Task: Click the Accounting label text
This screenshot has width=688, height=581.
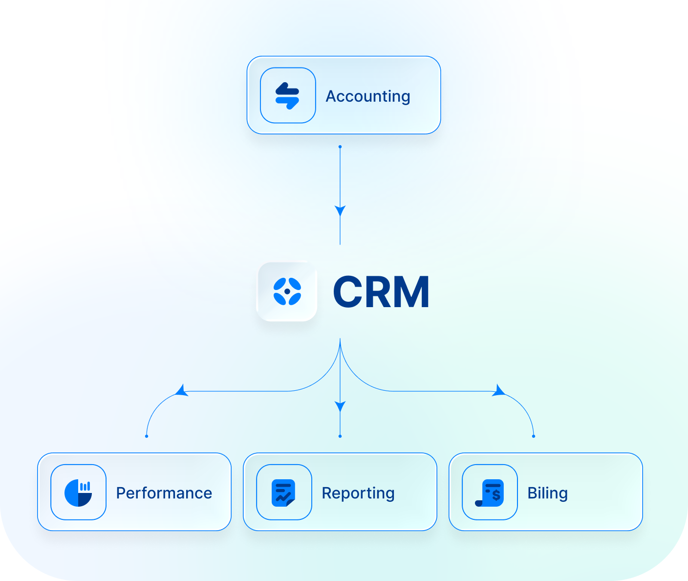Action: point(367,96)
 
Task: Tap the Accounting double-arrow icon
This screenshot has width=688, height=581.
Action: point(287,95)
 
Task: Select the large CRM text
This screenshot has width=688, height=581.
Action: point(381,292)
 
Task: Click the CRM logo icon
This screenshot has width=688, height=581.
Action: point(287,291)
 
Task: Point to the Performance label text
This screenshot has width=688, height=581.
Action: point(164,493)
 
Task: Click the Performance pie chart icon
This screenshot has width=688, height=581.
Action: point(78,492)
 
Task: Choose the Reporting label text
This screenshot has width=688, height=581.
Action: point(358,493)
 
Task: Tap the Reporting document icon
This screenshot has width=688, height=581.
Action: point(283,492)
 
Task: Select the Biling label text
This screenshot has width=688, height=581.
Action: point(547,493)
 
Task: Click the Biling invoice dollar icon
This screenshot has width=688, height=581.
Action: point(490,492)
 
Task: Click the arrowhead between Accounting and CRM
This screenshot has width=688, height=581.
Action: point(340,211)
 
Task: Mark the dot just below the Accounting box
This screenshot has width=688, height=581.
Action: point(340,147)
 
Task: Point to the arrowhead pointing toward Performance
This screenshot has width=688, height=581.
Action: point(182,390)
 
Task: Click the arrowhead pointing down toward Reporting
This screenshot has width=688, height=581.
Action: point(340,406)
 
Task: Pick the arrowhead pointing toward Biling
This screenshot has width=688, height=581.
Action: point(498,390)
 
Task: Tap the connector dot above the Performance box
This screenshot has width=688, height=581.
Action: point(147,436)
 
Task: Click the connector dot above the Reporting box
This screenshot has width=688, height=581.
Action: point(340,436)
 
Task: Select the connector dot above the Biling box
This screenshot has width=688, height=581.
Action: point(534,436)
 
